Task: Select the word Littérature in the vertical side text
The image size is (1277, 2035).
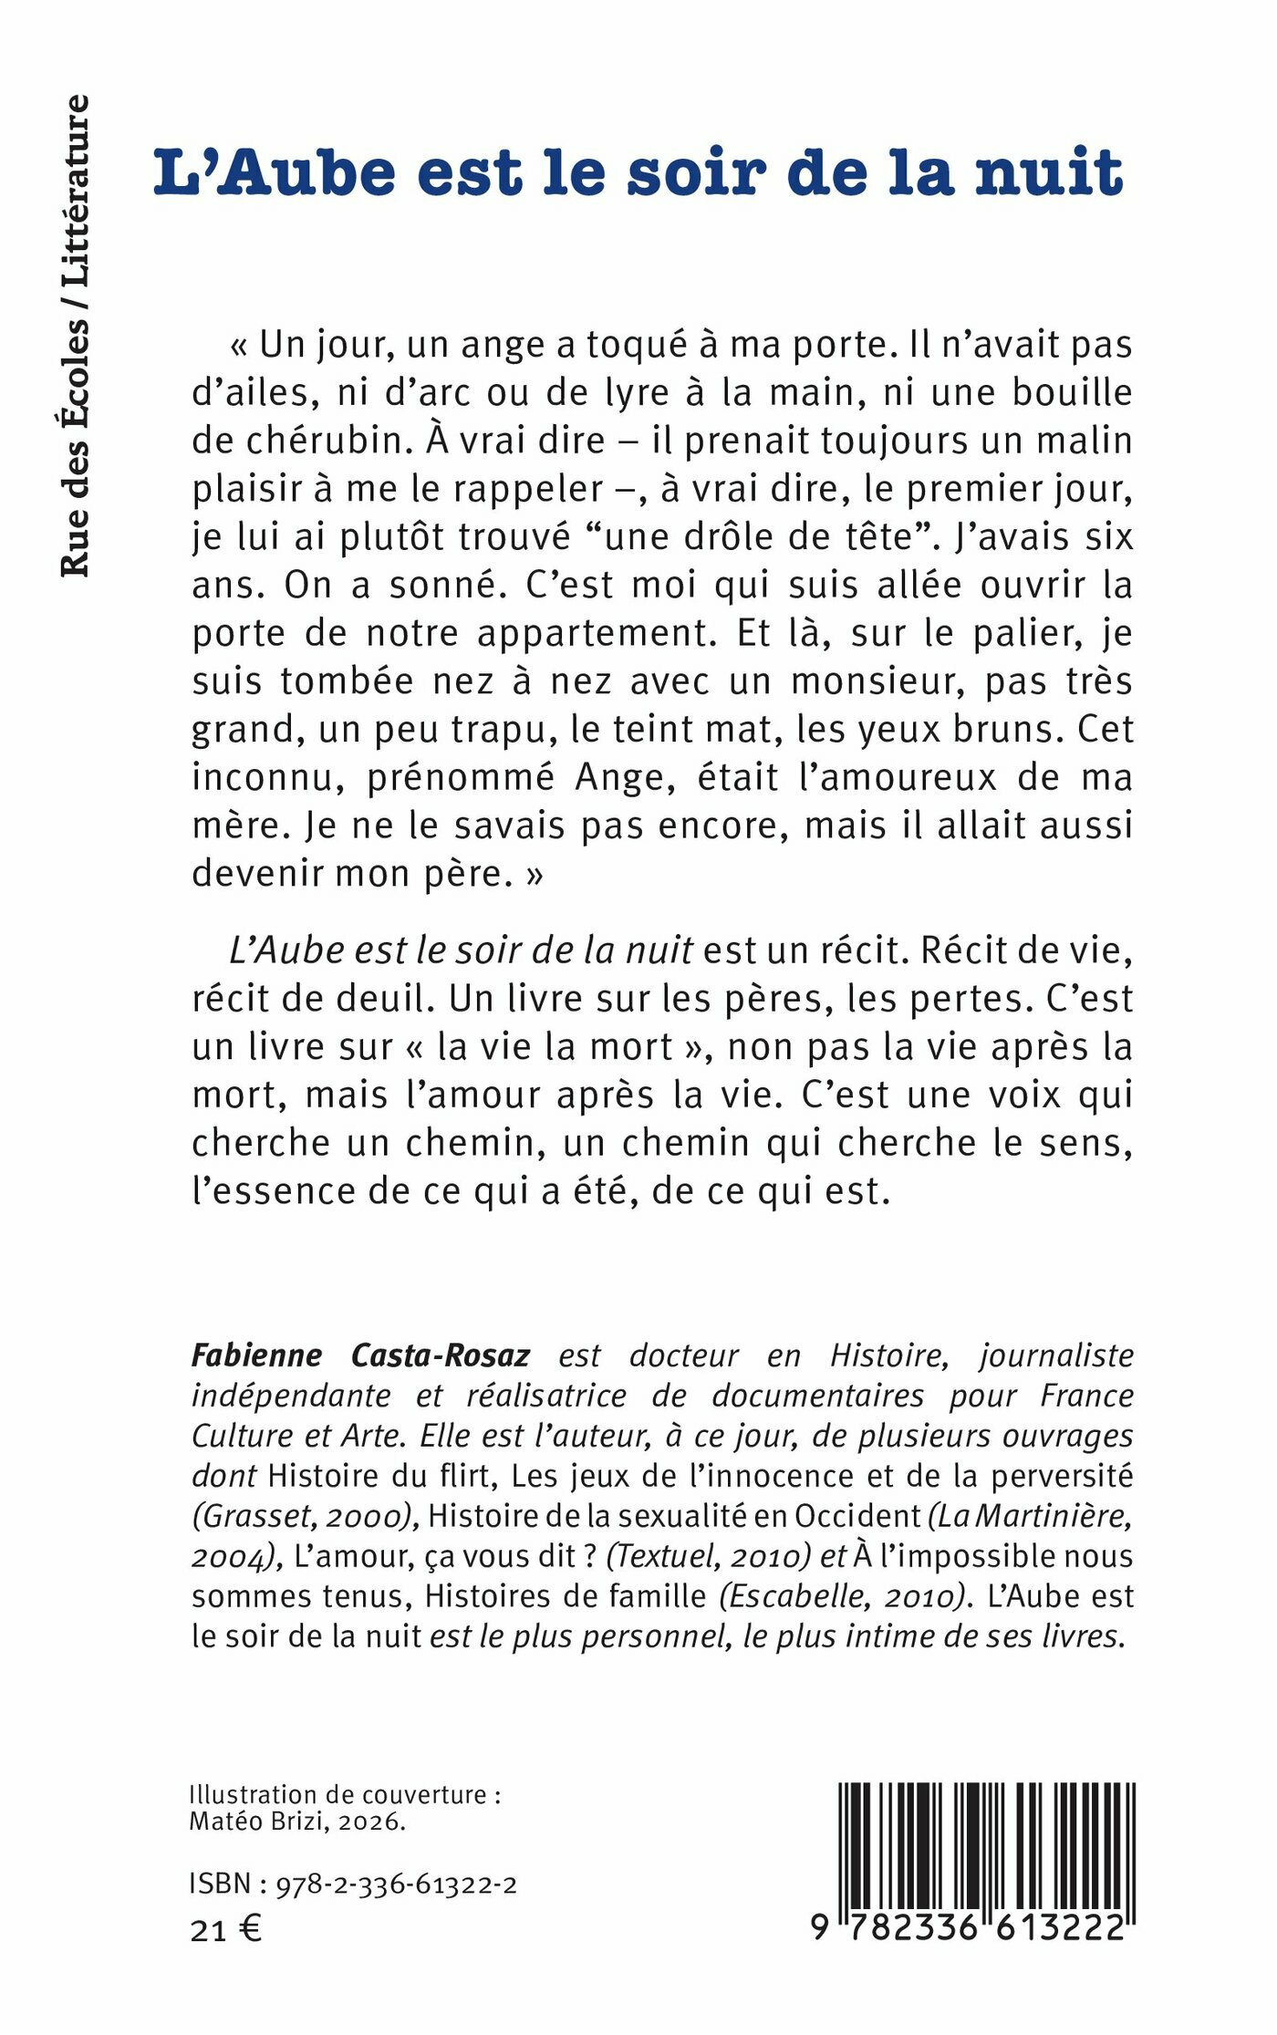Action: [75, 192]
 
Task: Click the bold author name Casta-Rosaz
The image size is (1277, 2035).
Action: [441, 1355]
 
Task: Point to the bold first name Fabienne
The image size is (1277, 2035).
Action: [256, 1355]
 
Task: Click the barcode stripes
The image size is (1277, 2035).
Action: [986, 1843]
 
